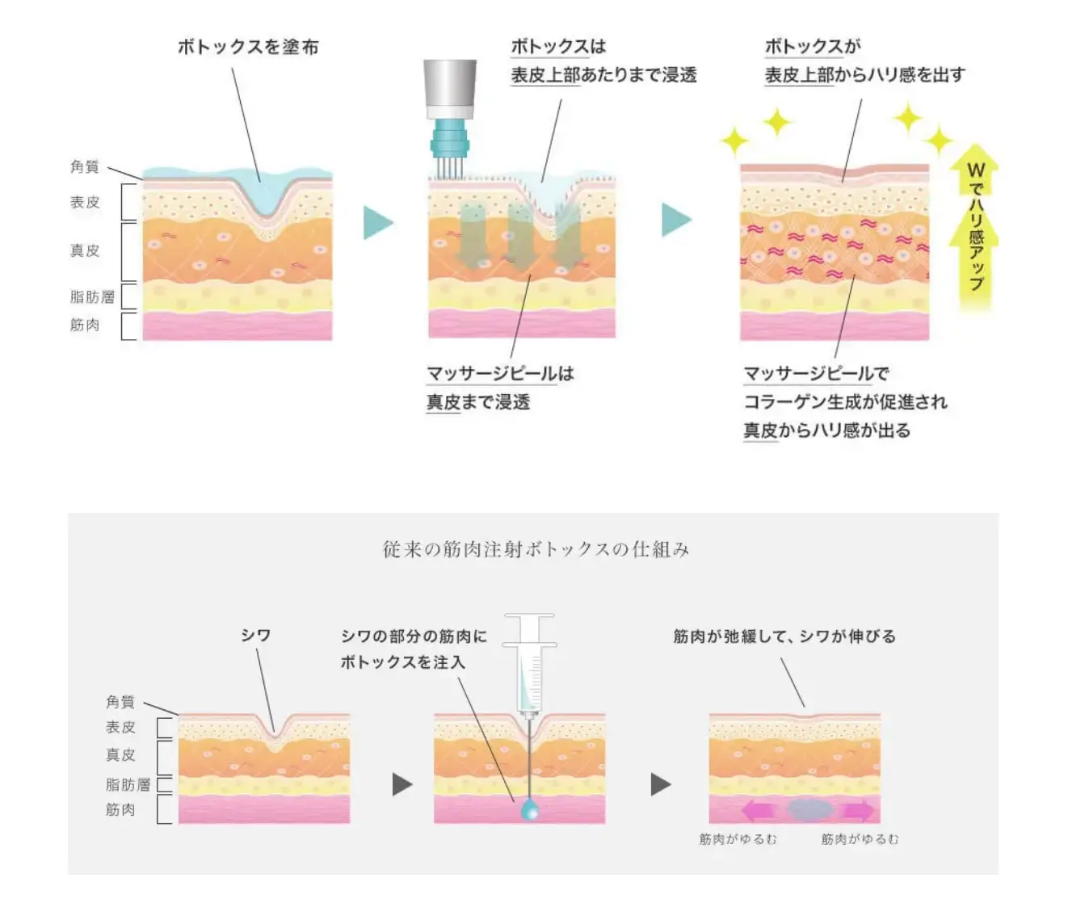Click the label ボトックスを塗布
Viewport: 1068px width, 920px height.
(x=248, y=47)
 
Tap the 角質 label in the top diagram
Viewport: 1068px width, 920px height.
(x=85, y=166)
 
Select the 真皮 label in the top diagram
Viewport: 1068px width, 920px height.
(x=85, y=250)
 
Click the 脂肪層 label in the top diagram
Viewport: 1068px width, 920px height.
(x=92, y=296)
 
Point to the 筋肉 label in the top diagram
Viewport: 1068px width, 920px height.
(x=85, y=325)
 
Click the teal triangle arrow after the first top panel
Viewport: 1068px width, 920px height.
(x=377, y=222)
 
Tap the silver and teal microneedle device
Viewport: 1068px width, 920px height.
(x=450, y=113)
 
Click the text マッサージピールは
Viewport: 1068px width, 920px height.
(x=500, y=373)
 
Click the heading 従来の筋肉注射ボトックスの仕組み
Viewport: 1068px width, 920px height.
(x=536, y=549)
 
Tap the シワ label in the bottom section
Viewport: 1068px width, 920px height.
(x=255, y=636)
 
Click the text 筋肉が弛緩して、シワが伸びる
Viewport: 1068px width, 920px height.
(x=784, y=636)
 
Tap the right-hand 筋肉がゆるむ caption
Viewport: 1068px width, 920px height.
(x=860, y=839)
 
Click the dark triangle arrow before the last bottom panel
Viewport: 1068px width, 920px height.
(x=660, y=783)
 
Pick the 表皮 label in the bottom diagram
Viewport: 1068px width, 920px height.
(x=120, y=727)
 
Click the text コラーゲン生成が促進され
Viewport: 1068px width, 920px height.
(x=845, y=401)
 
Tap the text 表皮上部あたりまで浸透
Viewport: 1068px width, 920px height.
(x=603, y=75)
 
